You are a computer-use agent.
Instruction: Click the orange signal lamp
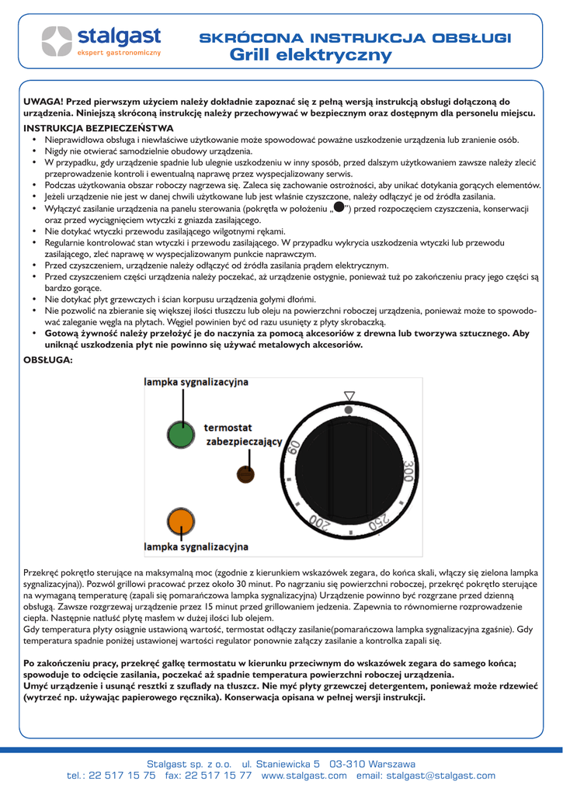point(179,520)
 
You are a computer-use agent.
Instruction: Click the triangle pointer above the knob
point(349,394)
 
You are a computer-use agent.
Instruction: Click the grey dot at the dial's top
point(349,408)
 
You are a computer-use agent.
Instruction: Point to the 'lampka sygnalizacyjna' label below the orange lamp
point(196,547)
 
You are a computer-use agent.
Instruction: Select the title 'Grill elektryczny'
point(311,55)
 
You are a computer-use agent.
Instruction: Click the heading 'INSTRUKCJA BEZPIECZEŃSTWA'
point(99,127)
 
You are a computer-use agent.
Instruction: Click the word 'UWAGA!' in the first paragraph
point(43,102)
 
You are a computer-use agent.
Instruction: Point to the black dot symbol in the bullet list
point(339,208)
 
